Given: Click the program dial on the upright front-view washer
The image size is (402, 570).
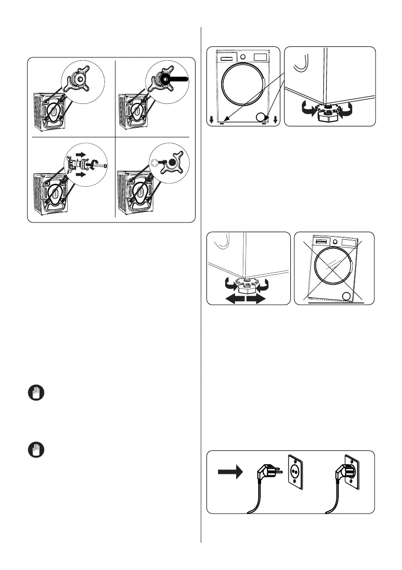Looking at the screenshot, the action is tap(242, 56).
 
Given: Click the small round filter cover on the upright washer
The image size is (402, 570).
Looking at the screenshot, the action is tap(261, 116).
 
